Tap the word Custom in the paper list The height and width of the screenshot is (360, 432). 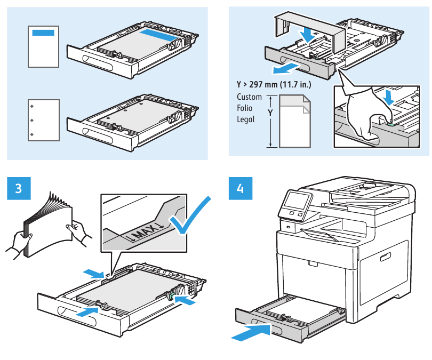249,97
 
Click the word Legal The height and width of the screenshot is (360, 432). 245,119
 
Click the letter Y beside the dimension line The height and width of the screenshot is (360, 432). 270,114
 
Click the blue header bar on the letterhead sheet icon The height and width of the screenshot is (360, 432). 43,33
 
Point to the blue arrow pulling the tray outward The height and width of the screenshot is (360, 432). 283,69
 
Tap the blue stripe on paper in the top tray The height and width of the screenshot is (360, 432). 159,35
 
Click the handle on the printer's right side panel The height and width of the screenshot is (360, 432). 383,258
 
